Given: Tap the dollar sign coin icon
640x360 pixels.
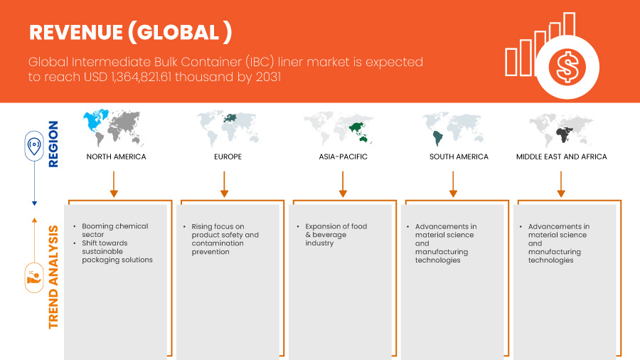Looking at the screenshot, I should pyautogui.click(x=567, y=68).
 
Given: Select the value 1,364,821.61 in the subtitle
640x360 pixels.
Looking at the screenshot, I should pyautogui.click(x=161, y=77).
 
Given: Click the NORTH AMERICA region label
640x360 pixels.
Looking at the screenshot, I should pyautogui.click(x=116, y=157).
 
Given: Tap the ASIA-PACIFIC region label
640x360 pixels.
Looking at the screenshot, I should pyautogui.click(x=343, y=157).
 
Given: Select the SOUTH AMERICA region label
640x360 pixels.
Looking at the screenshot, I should pyautogui.click(x=459, y=157).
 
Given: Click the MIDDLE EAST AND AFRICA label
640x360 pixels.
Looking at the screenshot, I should pyautogui.click(x=562, y=157).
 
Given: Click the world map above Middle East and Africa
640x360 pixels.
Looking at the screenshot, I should pyautogui.click(x=562, y=129).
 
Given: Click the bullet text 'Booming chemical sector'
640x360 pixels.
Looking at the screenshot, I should pyautogui.click(x=114, y=230).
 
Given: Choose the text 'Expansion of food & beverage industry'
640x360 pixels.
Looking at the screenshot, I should pyautogui.click(x=336, y=234).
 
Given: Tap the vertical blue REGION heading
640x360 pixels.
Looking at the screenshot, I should pyautogui.click(x=54, y=144).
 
